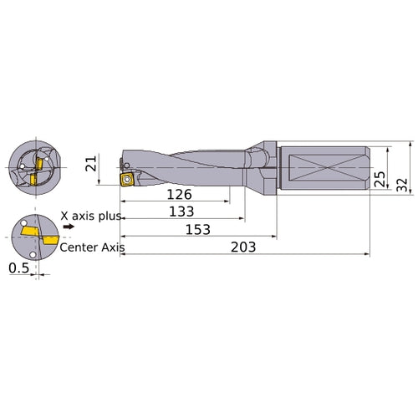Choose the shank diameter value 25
(x=380, y=178)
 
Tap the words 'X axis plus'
(x=91, y=216)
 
